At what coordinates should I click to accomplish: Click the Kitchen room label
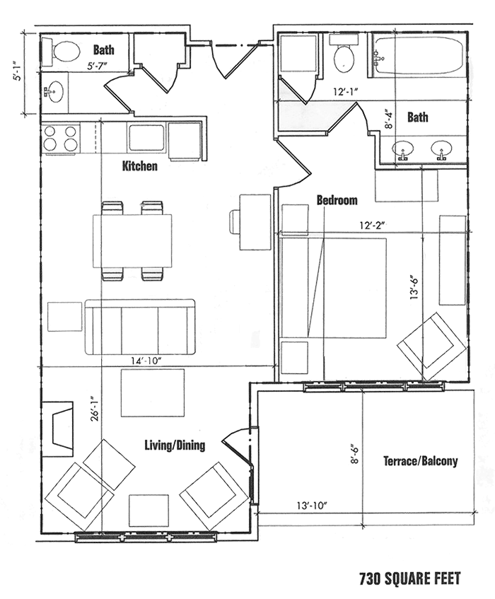tap(139, 166)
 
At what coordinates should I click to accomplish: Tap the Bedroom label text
tap(337, 200)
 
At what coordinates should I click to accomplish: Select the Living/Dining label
tap(175, 445)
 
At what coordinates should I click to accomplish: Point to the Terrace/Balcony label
tap(421, 461)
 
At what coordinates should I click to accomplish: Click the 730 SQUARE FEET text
tap(410, 578)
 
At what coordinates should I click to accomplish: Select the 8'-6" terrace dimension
tap(354, 453)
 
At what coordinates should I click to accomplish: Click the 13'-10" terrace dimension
tap(312, 506)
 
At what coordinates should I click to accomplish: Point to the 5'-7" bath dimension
tap(97, 66)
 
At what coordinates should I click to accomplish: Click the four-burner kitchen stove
tap(60, 139)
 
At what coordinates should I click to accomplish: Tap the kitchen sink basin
tap(146, 137)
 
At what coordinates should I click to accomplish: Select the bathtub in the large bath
tap(419, 55)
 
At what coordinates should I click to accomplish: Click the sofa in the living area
tap(140, 327)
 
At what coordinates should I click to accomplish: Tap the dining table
tap(132, 240)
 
